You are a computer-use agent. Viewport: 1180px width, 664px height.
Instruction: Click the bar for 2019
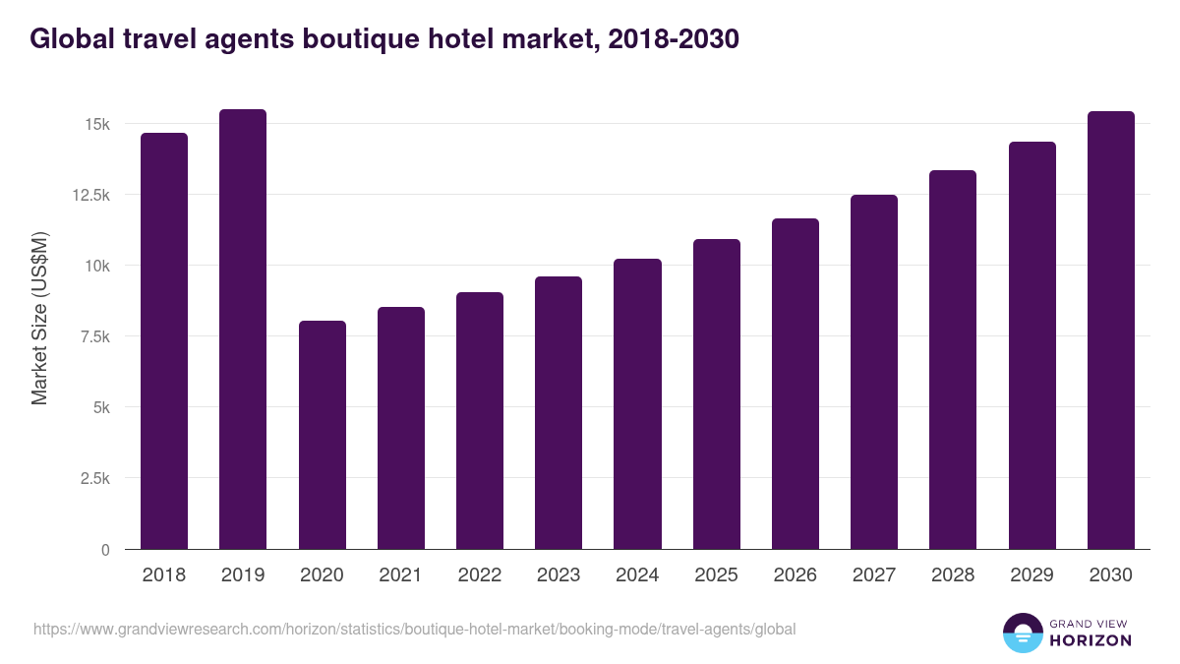243,329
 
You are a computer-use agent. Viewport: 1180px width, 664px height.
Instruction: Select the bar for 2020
322,435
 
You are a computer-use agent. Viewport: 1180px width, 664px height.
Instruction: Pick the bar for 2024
637,403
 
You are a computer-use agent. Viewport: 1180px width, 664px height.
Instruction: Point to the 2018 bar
164,340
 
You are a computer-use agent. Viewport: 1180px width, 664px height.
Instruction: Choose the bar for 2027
874,372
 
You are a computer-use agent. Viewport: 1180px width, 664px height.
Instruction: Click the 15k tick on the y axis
96,124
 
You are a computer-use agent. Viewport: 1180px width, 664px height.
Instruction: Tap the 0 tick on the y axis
104,549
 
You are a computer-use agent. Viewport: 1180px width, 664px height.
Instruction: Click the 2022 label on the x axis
479,574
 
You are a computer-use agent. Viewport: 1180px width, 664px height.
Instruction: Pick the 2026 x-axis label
795,574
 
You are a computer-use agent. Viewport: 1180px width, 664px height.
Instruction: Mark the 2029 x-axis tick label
1032,574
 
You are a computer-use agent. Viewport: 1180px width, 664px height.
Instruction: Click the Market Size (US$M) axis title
39,319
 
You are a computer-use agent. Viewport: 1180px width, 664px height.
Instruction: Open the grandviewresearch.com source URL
414,629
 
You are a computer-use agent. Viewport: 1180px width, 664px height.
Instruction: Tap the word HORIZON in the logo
1091,640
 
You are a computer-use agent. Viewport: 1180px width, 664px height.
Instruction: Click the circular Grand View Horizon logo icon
1023,633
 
